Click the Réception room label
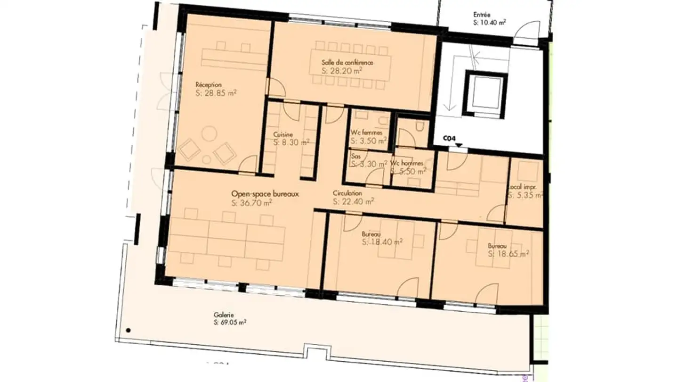point(208,85)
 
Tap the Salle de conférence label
point(347,63)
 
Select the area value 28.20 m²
point(342,71)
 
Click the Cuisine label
point(282,134)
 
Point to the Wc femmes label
point(366,133)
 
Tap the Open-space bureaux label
point(265,194)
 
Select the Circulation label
point(347,193)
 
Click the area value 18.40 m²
point(382,242)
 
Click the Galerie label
point(224,315)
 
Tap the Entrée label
point(482,15)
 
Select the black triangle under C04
point(459,145)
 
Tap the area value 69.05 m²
point(230,323)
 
